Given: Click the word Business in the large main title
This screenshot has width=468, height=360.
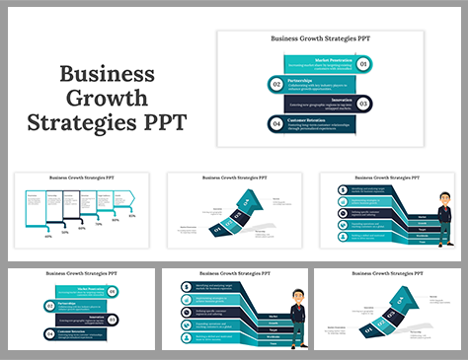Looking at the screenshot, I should click(107, 75).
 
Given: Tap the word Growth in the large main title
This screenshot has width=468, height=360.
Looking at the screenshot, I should click(107, 100).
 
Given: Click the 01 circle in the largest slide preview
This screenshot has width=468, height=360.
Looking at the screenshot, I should click(363, 64).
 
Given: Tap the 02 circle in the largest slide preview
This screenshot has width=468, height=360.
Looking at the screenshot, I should click(276, 84).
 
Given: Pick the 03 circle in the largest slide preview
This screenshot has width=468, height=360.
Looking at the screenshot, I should click(363, 104).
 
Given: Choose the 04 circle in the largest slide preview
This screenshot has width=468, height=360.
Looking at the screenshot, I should click(276, 123).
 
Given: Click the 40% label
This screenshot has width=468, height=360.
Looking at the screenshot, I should click(47, 237).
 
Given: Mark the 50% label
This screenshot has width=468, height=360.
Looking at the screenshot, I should click(65, 233).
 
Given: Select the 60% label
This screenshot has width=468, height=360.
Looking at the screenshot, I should click(82, 228).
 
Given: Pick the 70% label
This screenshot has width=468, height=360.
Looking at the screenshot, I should click(99, 224).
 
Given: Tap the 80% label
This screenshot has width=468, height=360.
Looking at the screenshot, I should click(116, 219).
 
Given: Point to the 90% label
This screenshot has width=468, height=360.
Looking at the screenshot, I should click(132, 215).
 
